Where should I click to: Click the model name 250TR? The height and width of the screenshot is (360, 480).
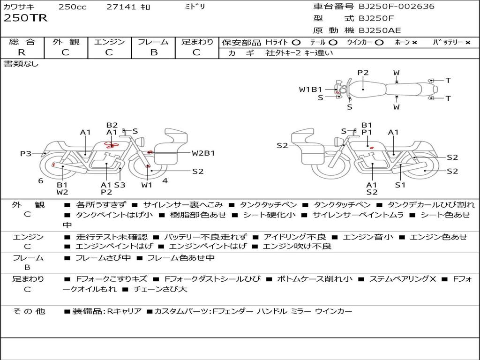tap(26, 19)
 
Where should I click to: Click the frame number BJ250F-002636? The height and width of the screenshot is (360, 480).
tap(390, 7)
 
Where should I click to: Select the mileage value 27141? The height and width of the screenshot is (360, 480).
tap(121, 7)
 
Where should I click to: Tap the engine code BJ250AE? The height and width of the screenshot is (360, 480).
tap(380, 30)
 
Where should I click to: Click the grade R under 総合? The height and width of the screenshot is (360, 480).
tap(22, 52)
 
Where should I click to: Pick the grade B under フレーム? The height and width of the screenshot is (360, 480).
tap(153, 52)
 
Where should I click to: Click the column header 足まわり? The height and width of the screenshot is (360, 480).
tap(197, 42)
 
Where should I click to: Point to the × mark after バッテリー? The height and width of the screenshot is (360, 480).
tap(468, 42)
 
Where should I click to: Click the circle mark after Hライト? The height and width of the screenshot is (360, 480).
tap(296, 42)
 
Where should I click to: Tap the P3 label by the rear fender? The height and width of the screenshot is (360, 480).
tap(25, 153)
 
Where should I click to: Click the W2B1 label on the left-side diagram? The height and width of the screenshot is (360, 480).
tap(203, 153)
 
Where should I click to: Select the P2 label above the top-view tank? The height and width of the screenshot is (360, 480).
tap(363, 73)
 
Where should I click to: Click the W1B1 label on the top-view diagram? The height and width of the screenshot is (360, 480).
tap(311, 89)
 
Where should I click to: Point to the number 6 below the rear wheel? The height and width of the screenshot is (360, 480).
tap(41, 180)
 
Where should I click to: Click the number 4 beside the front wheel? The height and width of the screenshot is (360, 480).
tap(165, 180)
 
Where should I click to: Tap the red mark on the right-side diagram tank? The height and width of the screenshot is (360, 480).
tap(371, 148)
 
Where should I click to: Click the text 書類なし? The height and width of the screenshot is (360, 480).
tap(22, 64)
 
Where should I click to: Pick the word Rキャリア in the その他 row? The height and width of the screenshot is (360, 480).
tap(124, 311)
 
